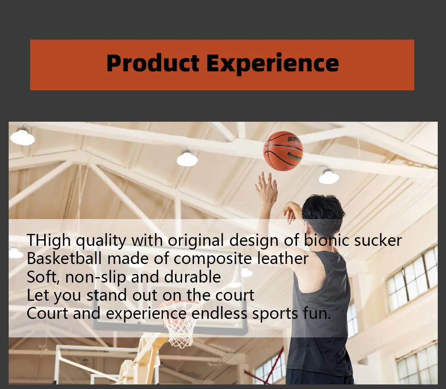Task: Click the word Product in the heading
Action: coord(153,63)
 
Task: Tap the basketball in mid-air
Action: coord(283,151)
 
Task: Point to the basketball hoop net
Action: coord(181,327)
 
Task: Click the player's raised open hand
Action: coord(267,188)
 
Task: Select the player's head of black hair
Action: coord(323,212)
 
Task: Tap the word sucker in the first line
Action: coord(378,240)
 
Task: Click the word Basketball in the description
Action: coord(64,259)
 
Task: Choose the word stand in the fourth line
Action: coord(107,295)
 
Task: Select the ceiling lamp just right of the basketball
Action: coord(329,177)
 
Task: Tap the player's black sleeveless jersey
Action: coord(321,313)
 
